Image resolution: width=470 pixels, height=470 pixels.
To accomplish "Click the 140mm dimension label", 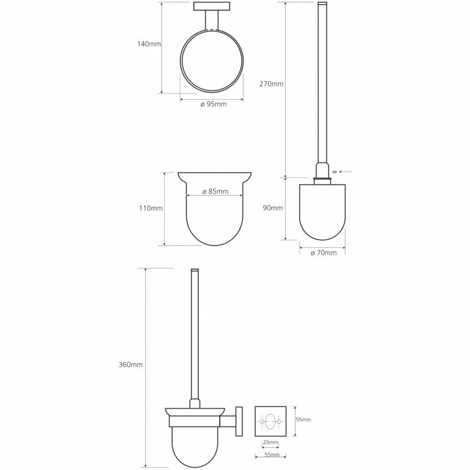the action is [149, 44].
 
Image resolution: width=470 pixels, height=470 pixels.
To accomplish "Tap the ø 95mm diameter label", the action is [213, 105].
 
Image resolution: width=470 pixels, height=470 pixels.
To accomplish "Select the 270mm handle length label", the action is [271, 84].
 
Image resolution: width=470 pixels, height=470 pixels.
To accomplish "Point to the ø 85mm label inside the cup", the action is [215, 192].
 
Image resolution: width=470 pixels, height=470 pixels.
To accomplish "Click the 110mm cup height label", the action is [151, 208].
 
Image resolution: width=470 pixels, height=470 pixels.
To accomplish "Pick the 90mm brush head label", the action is [273, 208].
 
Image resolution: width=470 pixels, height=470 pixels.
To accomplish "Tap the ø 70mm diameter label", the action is [324, 253].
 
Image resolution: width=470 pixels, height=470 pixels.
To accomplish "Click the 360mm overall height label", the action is [130, 365].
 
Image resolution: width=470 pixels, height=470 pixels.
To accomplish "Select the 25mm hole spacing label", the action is [270, 442].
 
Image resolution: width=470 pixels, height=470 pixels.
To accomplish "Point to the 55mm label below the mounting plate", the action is [272, 455].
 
